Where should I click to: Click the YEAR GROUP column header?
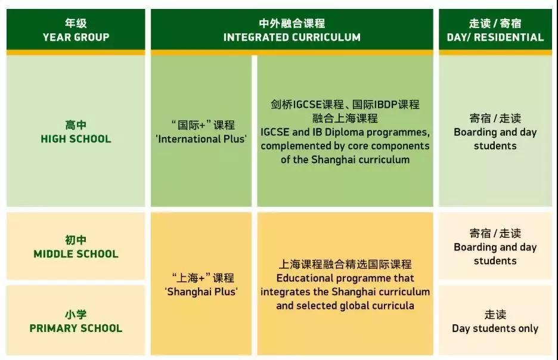[75, 37]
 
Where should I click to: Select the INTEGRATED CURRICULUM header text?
[292, 37]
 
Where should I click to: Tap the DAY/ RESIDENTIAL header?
[495, 37]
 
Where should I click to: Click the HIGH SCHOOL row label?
[75, 139]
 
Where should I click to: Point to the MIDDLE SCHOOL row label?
[76, 254]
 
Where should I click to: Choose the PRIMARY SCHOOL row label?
[76, 328]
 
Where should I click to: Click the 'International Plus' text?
[202, 139]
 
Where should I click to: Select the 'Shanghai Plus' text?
[201, 291]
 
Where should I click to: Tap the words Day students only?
[495, 328]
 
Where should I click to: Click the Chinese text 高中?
[75, 125]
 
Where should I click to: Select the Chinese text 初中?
[75, 240]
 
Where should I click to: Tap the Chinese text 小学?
[75, 314]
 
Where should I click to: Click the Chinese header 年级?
[75, 23]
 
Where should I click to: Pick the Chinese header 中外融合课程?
[292, 23]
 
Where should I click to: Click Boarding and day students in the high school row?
[495, 139]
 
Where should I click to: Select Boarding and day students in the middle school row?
[495, 254]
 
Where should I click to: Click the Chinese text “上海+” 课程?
[202, 278]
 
